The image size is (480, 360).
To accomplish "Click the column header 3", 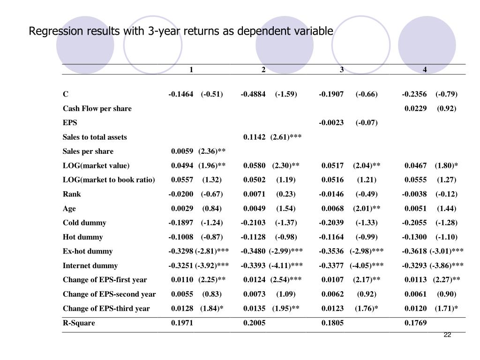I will click(x=342, y=70).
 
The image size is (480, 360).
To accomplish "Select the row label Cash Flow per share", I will click(x=97, y=109).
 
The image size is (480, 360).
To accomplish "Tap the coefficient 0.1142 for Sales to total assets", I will click(x=255, y=137).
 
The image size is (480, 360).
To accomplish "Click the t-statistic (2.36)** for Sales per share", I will click(x=212, y=151).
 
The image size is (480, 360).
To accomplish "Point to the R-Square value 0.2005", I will click(x=255, y=323).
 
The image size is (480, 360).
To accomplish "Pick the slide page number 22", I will click(x=447, y=335).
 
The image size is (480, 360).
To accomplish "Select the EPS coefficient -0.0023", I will click(x=331, y=123).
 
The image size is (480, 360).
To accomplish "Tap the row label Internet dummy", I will click(x=90, y=266).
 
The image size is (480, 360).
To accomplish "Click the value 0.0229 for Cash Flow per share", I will click(x=416, y=109).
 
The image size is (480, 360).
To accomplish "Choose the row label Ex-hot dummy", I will click(x=88, y=251).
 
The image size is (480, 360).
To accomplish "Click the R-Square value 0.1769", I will click(x=416, y=323).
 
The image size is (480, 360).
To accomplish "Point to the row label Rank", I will click(x=72, y=194).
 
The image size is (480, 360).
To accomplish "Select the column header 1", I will click(x=191, y=70).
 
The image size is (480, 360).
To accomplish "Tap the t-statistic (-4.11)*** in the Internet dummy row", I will click(x=285, y=266).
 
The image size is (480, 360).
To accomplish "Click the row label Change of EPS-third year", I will click(x=106, y=308).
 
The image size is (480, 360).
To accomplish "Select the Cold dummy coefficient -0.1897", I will click(x=181, y=223).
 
